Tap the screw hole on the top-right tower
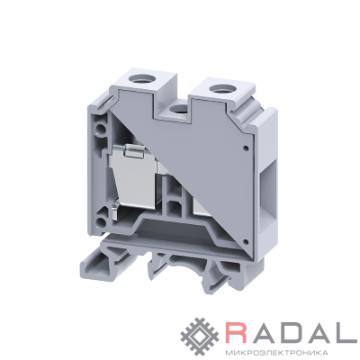click(x=220, y=89)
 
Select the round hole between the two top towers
click(x=177, y=109)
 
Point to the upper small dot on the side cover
click(x=247, y=148)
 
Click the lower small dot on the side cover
click(x=246, y=241)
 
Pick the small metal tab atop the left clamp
click(x=134, y=151)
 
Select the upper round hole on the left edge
click(x=102, y=130)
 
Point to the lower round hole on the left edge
click(x=102, y=222)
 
